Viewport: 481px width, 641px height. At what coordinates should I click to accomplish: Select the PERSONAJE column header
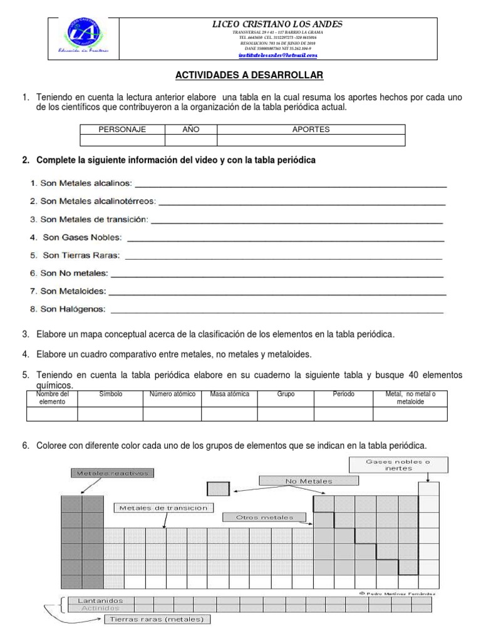[x=122, y=130]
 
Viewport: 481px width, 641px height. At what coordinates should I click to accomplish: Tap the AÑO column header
[x=190, y=130]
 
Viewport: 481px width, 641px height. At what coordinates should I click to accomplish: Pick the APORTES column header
[x=311, y=130]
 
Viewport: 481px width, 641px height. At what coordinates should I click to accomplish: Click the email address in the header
[x=278, y=55]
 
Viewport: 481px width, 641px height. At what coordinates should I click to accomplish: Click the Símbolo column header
[x=111, y=394]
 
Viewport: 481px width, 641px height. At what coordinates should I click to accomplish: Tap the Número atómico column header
[x=172, y=394]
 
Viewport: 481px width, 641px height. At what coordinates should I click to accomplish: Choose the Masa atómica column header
[x=230, y=394]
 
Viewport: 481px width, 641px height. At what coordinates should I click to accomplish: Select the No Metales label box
[x=309, y=481]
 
